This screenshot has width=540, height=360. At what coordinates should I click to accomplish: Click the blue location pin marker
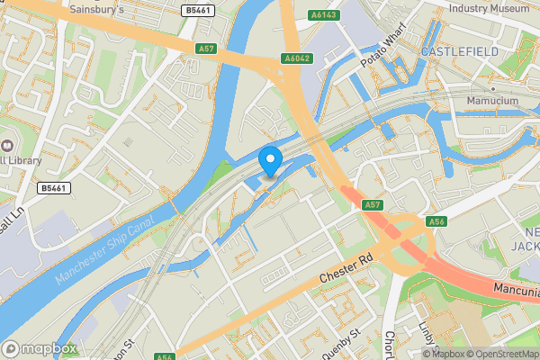point(271,160)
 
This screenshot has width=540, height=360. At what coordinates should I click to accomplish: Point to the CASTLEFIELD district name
point(459,52)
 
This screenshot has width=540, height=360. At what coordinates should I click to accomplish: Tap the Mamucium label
point(492,101)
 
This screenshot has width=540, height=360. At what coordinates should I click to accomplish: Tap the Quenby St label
point(342,334)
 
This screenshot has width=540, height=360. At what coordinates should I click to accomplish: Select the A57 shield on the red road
point(373,205)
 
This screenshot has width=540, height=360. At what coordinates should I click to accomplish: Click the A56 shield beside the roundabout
point(437,220)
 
